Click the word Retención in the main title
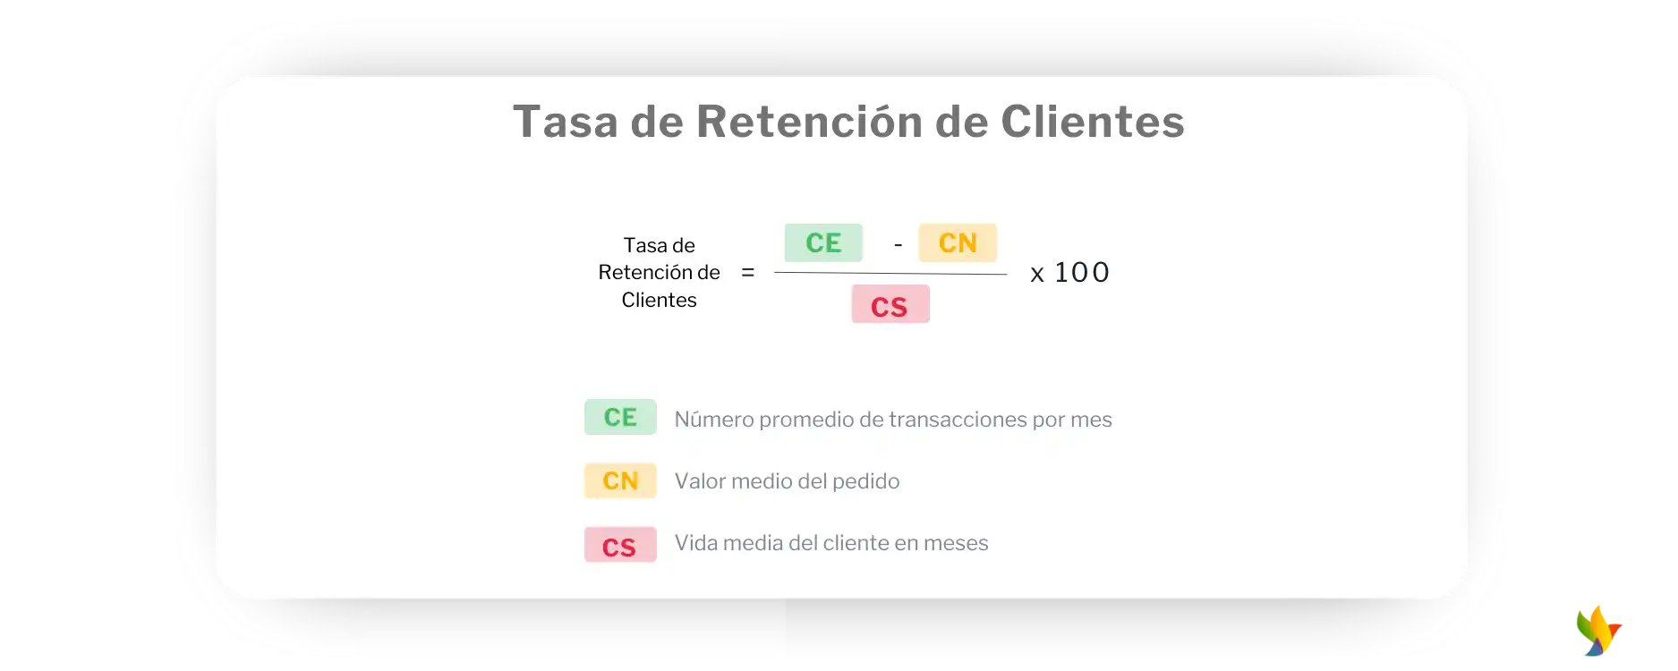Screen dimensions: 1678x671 click(809, 122)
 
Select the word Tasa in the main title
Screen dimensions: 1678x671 click(566, 122)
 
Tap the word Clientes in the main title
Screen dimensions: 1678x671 click(1093, 122)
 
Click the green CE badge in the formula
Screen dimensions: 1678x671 click(823, 242)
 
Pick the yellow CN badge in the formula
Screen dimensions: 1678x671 click(958, 242)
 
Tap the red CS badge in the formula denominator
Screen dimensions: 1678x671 click(890, 304)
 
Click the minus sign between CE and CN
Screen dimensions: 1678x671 click(898, 244)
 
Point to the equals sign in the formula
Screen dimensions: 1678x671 click(748, 272)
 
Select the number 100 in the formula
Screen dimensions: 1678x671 click(1082, 272)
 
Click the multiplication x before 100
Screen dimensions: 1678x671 click(1037, 275)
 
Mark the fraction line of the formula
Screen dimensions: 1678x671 click(890, 273)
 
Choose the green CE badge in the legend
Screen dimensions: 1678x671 click(620, 417)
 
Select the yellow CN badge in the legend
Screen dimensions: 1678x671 click(620, 480)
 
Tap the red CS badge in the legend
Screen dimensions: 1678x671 click(620, 545)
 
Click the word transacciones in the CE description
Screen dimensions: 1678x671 click(958, 420)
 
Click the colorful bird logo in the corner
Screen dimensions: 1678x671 click(1599, 631)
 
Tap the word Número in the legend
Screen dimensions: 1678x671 click(714, 420)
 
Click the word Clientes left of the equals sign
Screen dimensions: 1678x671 click(659, 300)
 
